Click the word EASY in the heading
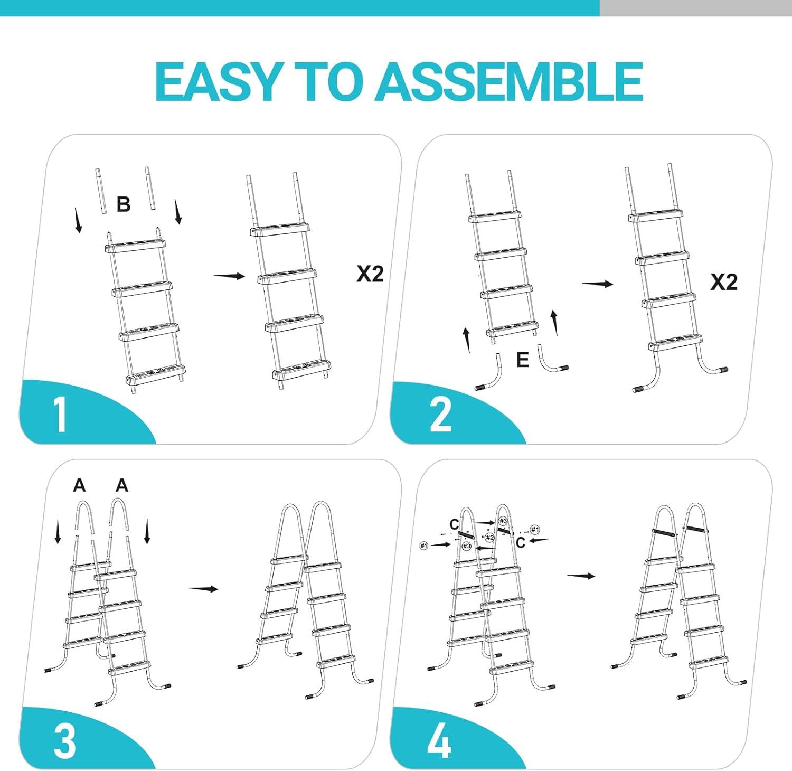point(216,81)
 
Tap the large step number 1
point(60,415)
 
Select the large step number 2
point(441,415)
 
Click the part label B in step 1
point(124,204)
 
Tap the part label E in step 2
point(522,360)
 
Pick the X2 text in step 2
point(724,282)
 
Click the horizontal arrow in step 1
point(230,276)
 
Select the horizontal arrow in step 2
point(598,284)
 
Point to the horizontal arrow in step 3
point(204,589)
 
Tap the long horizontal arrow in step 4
point(581,576)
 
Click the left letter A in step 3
point(79,485)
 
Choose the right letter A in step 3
point(122,485)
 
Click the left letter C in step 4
point(454,524)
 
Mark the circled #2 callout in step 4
point(490,538)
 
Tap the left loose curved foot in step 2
point(488,373)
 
